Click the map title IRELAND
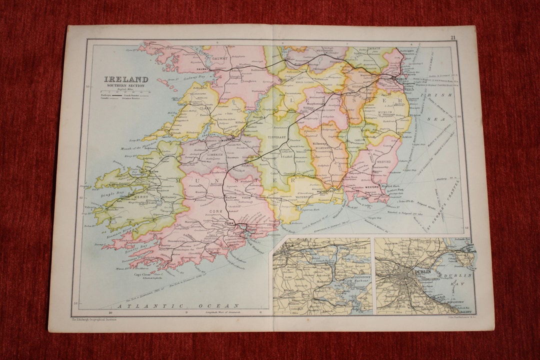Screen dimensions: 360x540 click(x=125, y=79)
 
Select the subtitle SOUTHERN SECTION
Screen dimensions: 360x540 click(x=125, y=85)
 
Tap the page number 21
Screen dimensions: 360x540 click(x=452, y=38)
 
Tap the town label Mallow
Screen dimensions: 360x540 click(x=230, y=197)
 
